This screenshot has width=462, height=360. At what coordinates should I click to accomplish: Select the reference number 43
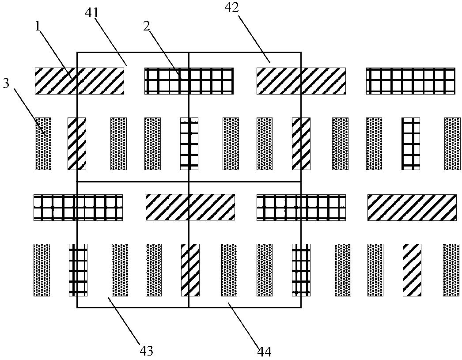tap(147, 351)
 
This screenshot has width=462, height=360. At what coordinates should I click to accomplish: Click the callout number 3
tap(6, 84)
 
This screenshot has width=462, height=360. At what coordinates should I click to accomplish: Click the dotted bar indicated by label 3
tap(43, 144)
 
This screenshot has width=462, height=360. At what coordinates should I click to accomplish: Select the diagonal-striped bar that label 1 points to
tap(80, 81)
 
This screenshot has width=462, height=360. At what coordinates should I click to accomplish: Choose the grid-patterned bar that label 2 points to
tap(189, 81)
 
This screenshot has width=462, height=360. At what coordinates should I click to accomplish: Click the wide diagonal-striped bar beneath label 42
tap(301, 81)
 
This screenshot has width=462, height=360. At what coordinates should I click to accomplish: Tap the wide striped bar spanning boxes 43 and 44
tap(190, 207)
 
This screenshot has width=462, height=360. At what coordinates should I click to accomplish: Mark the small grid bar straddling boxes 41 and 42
tap(189, 144)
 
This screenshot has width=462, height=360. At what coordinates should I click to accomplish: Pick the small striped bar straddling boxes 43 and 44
tap(190, 270)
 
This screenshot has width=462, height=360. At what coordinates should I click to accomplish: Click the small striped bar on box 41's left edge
tap(76, 144)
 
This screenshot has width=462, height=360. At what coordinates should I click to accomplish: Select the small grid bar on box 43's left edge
tap(77, 270)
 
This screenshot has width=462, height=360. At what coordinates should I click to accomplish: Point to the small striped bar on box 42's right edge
tap(301, 144)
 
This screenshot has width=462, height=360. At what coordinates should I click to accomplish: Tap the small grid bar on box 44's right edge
tap(301, 270)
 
